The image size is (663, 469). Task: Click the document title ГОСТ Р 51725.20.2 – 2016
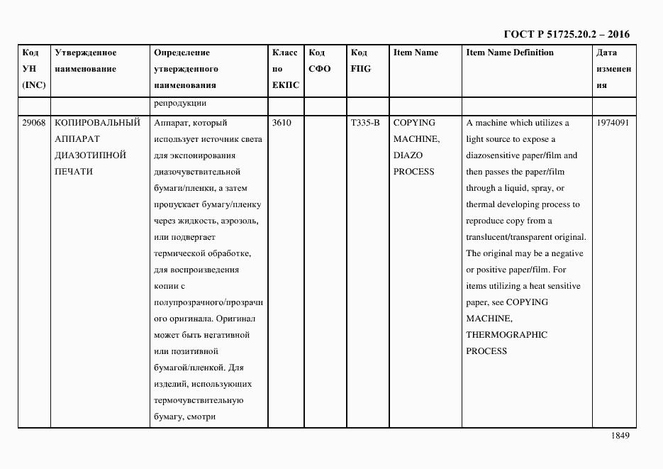point(566,34)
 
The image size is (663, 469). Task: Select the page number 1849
point(620,436)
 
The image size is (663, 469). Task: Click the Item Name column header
point(416,53)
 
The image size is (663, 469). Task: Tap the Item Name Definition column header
point(510,53)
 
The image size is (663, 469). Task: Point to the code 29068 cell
point(33,123)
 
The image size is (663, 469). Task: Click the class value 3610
point(282,123)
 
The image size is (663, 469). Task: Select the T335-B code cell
point(365,123)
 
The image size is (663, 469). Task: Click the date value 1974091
point(613,123)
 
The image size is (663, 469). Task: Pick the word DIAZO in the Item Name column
point(408,155)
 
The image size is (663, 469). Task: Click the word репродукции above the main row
point(179,104)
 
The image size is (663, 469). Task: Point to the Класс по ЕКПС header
point(285,69)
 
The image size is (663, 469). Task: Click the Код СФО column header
point(321,61)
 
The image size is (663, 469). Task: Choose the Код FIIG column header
point(361,61)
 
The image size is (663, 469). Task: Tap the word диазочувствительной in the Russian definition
point(196,172)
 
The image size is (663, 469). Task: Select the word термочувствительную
point(199,400)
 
